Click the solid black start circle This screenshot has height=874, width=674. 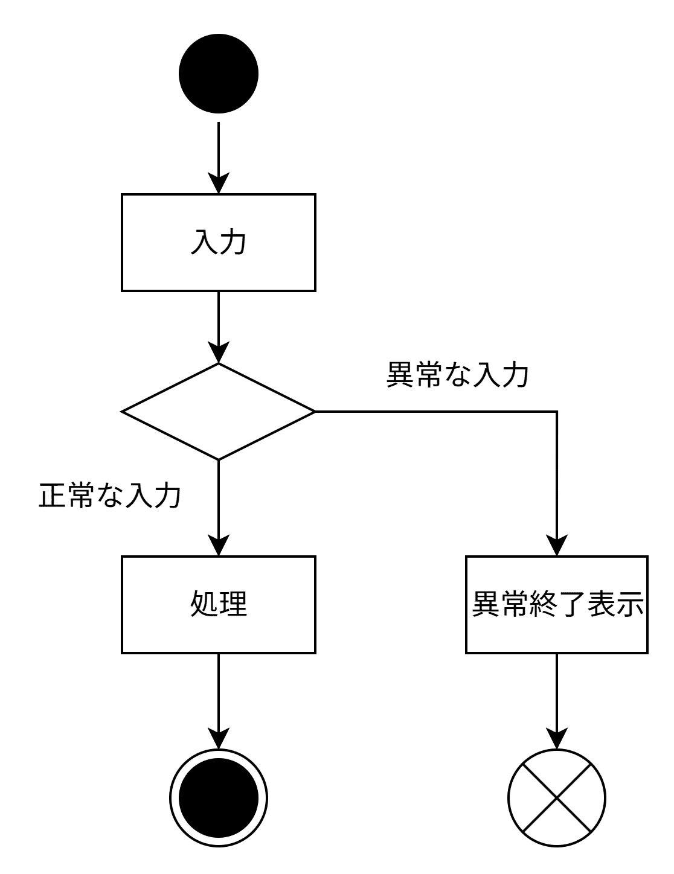click(x=219, y=73)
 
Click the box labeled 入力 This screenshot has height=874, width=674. click(x=219, y=243)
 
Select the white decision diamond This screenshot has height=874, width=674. click(x=219, y=412)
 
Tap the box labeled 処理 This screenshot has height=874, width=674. click(x=219, y=604)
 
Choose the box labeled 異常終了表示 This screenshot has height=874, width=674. click(x=556, y=604)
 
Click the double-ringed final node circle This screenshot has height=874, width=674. click(x=219, y=797)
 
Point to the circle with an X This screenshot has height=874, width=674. click(x=556, y=797)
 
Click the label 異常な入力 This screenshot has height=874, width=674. click(x=457, y=375)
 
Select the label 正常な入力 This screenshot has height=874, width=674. click(x=110, y=496)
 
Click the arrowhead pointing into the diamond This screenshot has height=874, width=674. click(x=219, y=353)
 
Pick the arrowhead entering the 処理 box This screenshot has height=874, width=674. click(x=219, y=546)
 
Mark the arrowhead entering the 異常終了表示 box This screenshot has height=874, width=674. click(x=556, y=546)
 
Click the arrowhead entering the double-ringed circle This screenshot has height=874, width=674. click(x=219, y=738)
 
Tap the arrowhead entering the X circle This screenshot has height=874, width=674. click(x=556, y=738)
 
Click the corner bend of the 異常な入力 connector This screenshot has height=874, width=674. click(x=556, y=412)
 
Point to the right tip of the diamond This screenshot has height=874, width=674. click(x=313, y=412)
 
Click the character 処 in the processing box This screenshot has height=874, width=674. click(x=204, y=604)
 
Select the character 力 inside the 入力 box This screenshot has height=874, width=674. click(x=233, y=242)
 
